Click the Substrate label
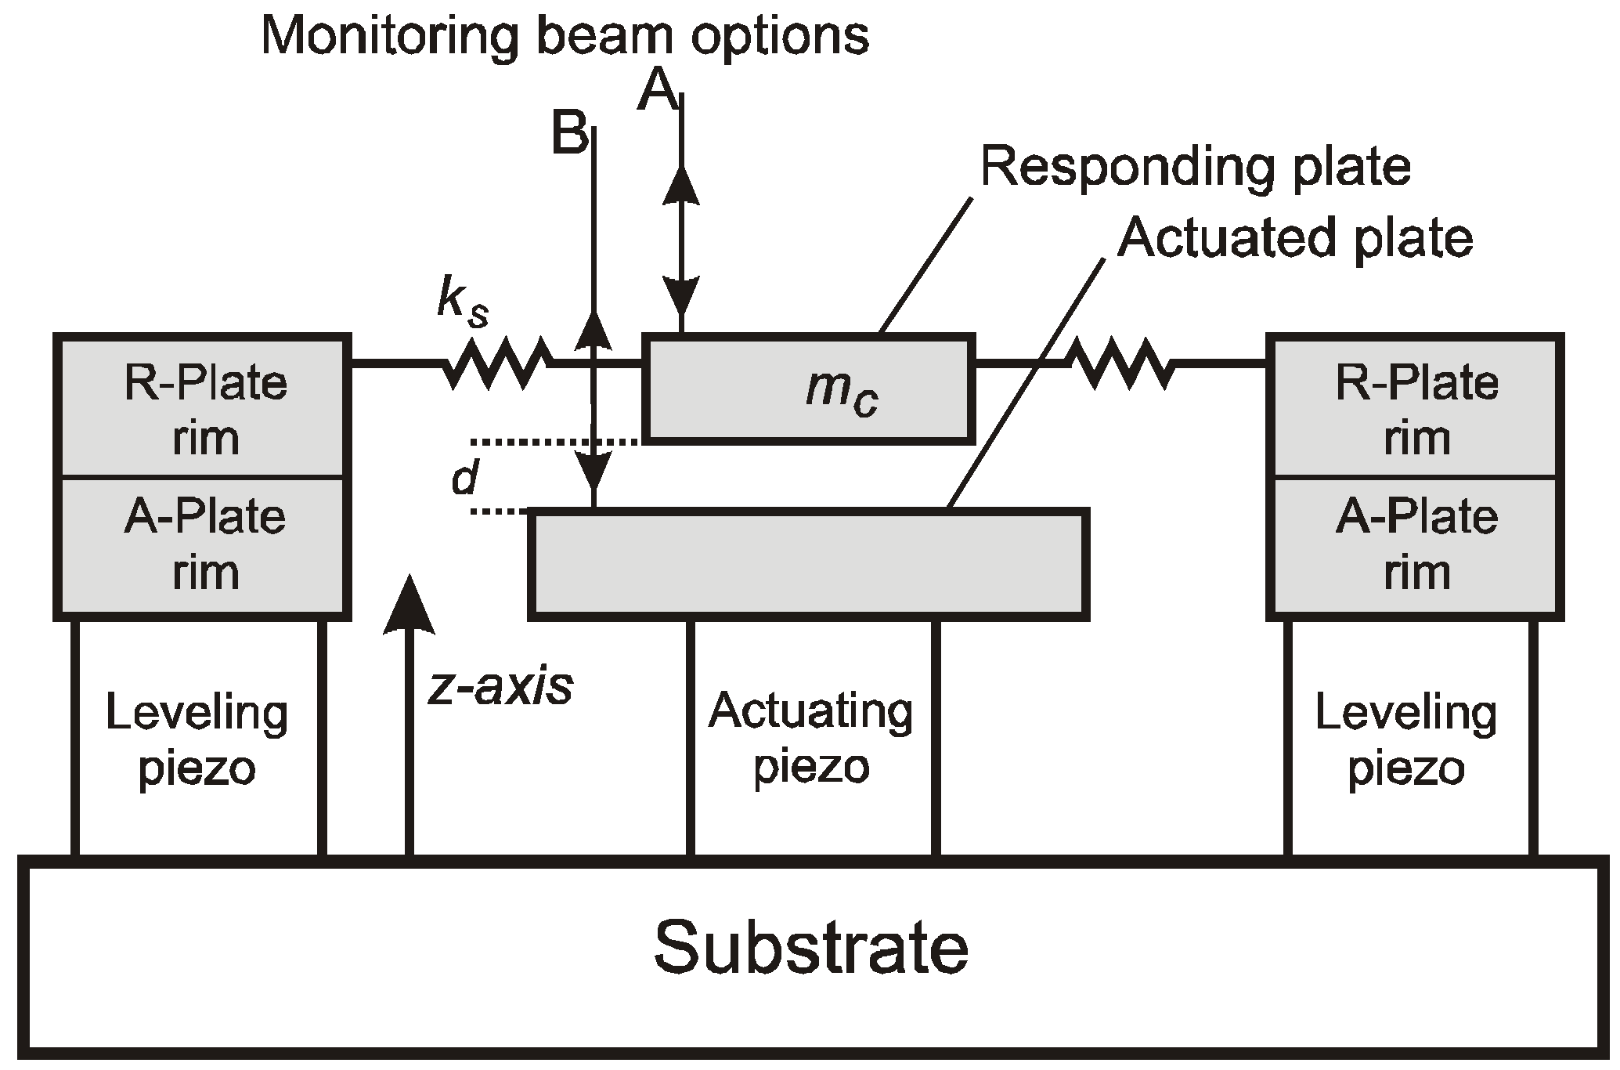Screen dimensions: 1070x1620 [811, 948]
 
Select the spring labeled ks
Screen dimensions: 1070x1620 [497, 363]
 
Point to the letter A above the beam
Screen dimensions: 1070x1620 [657, 92]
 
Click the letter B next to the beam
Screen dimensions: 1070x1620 [568, 133]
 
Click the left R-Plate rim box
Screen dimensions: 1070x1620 [203, 407]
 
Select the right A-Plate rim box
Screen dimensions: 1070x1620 [1416, 544]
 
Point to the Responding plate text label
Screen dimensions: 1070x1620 [1195, 167]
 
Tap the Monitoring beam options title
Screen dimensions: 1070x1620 [565, 35]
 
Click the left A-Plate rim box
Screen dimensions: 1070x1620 [203, 544]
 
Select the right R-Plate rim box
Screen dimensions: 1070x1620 [1416, 407]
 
